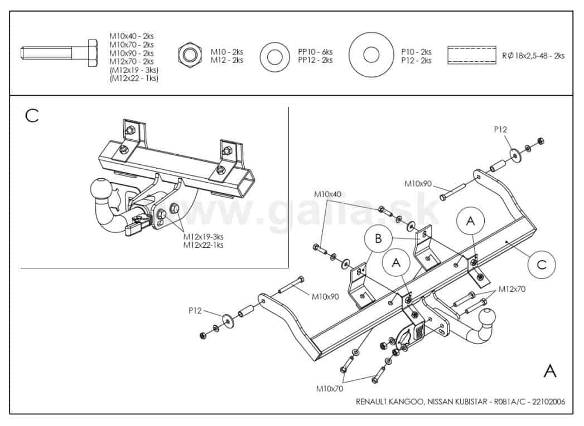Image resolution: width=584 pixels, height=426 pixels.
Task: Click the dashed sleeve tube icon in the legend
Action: pyautogui.click(x=471, y=56)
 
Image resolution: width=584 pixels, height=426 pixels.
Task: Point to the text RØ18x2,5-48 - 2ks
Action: pyautogui.click(x=534, y=56)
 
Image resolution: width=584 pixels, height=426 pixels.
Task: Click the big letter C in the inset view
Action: pyautogui.click(x=32, y=115)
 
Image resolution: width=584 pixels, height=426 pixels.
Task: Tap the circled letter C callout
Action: pyautogui.click(x=541, y=264)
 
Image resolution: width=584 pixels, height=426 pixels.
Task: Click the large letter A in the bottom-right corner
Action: pyautogui.click(x=549, y=370)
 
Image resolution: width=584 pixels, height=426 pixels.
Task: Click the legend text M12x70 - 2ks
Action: pyautogui.click(x=132, y=61)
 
